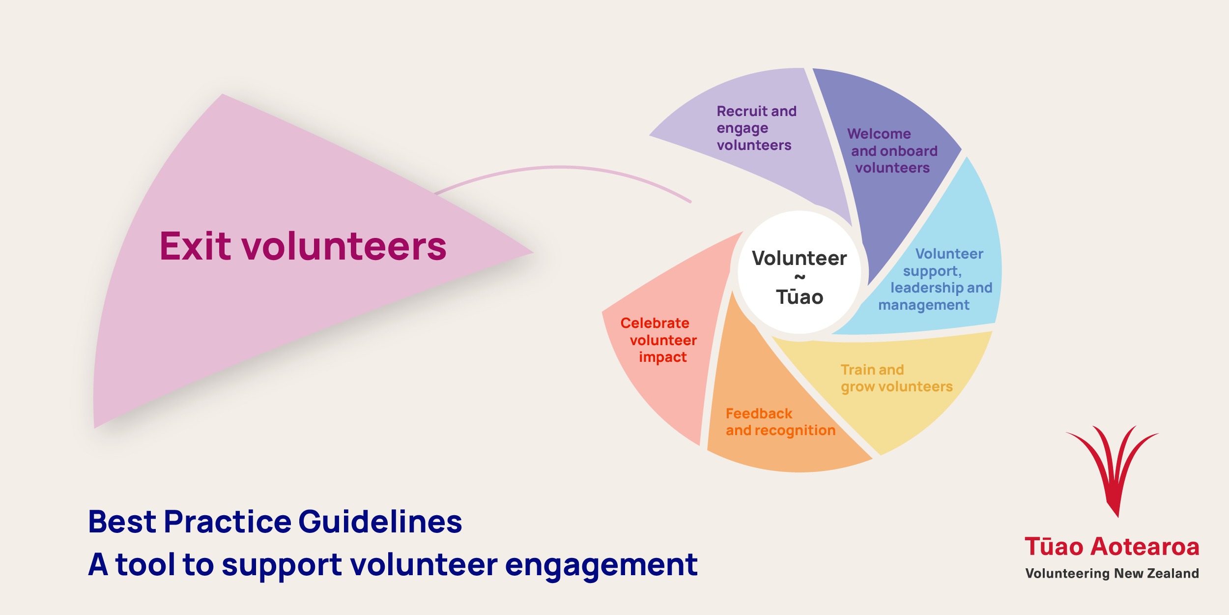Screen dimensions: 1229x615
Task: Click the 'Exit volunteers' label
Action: click(x=303, y=246)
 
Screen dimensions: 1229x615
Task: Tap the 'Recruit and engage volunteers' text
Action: click(x=756, y=128)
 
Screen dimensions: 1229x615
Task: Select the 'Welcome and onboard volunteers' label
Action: click(x=892, y=150)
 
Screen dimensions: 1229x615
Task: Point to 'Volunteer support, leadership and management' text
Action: click(x=935, y=279)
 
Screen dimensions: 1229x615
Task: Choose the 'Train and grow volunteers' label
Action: click(x=896, y=378)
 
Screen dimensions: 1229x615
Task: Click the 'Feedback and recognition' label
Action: click(x=780, y=422)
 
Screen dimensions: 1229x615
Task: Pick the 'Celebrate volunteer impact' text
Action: click(x=658, y=340)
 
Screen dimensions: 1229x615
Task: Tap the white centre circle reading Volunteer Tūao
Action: click(x=800, y=272)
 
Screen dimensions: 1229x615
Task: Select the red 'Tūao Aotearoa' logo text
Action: click(x=1112, y=547)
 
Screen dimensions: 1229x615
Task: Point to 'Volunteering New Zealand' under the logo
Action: click(x=1112, y=573)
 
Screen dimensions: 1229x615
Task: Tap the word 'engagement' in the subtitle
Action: click(x=601, y=565)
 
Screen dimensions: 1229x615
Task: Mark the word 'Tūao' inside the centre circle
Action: click(x=800, y=297)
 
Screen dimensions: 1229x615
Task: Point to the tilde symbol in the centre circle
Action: click(x=800, y=277)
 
